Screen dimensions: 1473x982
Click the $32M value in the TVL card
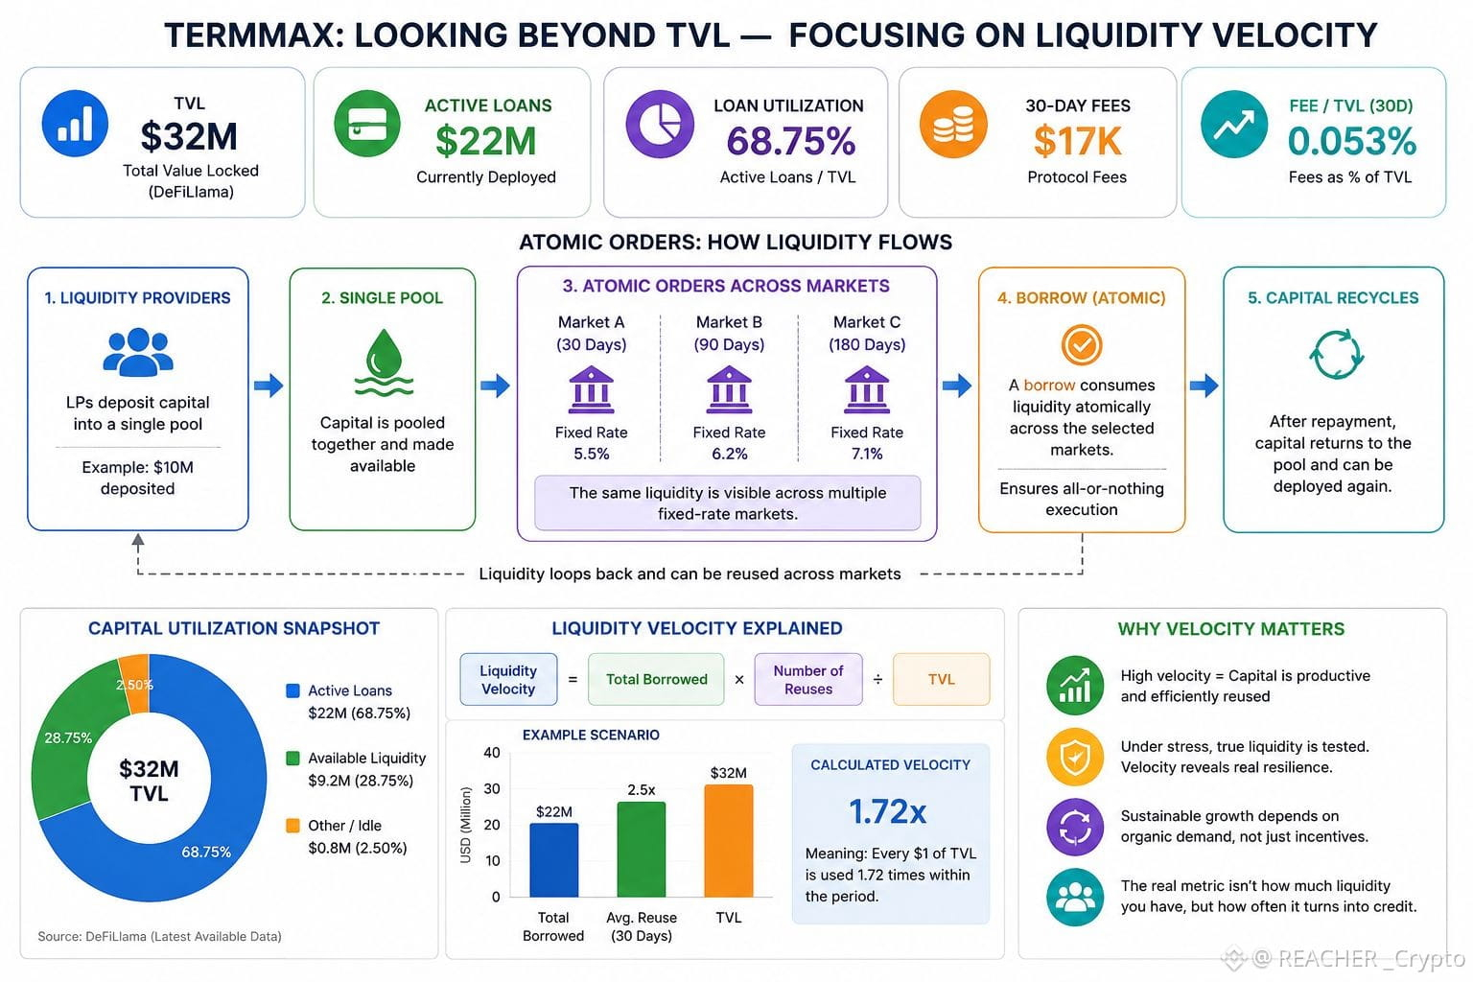pos(189,136)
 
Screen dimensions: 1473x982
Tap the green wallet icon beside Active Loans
pos(367,124)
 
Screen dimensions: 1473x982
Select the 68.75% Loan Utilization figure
pos(791,141)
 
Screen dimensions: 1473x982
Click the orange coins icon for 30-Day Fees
pos(953,124)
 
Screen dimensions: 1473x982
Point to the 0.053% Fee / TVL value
pos(1352,141)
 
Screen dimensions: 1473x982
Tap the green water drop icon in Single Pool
pos(384,362)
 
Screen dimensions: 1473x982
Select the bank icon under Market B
pos(729,389)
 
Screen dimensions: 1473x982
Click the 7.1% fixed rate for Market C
pos(867,454)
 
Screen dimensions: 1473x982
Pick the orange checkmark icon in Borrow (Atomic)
pos(1082,344)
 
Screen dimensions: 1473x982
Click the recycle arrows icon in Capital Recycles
pos(1336,355)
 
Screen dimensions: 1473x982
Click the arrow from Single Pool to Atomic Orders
pos(495,386)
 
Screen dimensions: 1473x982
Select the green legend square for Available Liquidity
pos(293,759)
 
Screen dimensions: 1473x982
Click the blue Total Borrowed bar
pos(553,859)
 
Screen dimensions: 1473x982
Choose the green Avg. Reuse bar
pos(642,849)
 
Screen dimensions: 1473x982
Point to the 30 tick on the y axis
pos(492,788)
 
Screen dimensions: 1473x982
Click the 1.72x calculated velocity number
pos(888,811)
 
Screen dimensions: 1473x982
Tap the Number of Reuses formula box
pos(808,680)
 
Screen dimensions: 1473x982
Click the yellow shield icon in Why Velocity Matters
pos(1075,757)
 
